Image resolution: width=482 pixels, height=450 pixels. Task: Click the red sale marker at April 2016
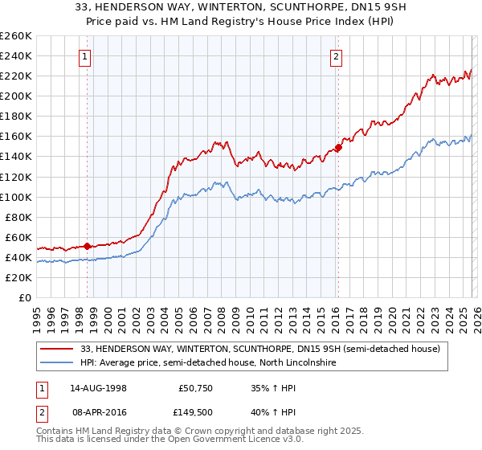point(338,147)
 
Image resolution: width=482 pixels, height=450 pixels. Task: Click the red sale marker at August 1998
point(88,246)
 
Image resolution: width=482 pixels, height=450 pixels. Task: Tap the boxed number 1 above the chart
point(85,56)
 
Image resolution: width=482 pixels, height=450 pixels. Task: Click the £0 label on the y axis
point(23,297)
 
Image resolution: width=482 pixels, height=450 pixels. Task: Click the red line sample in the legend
point(57,350)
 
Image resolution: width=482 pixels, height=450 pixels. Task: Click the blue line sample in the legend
point(57,364)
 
